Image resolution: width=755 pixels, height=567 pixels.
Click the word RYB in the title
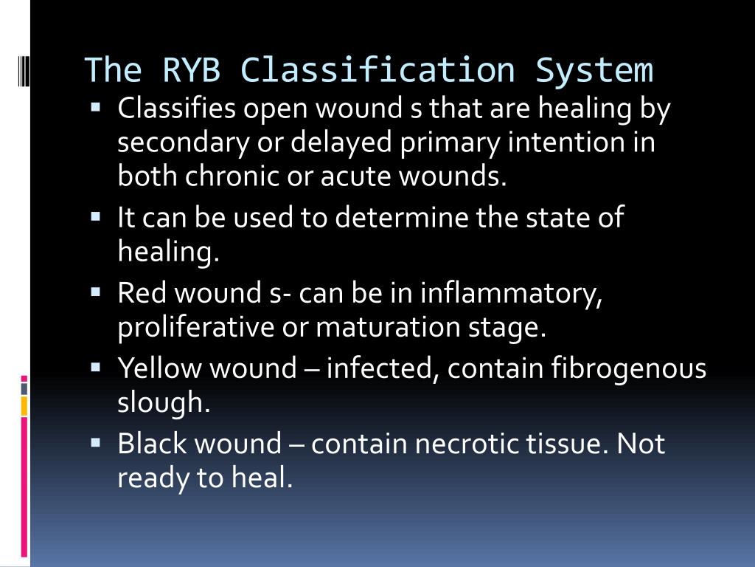pyautogui.click(x=190, y=71)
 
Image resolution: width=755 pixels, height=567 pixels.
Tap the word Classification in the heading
pyautogui.click(x=377, y=71)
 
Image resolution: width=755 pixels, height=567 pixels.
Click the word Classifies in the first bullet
pyautogui.click(x=176, y=109)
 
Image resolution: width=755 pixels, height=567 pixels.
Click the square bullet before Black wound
pyautogui.click(x=96, y=443)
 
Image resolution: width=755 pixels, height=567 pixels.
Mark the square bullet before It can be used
pyautogui.click(x=96, y=217)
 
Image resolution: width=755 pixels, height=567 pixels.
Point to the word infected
pyautogui.click(x=383, y=368)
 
